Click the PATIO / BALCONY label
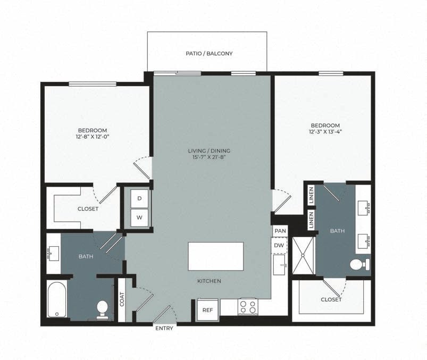point(209,54)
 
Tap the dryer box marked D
point(139,198)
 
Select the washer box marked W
point(139,217)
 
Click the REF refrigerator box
point(207,309)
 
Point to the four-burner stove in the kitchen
point(248,307)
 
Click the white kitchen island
point(216,256)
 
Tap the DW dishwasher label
point(279,245)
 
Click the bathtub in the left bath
point(56,300)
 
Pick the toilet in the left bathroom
point(102,308)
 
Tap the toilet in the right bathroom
point(359,264)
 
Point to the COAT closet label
point(122,300)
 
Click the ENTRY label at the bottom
point(164,328)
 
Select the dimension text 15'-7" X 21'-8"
point(209,157)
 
